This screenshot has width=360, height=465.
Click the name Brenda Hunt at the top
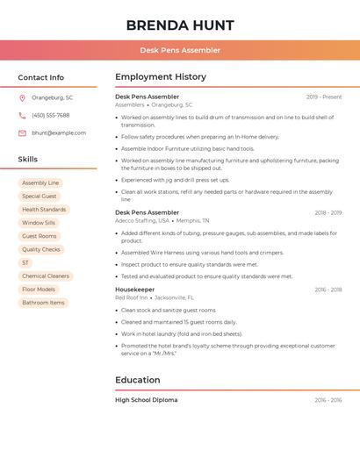click(179, 24)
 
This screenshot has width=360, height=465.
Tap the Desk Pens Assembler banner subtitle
click(179, 50)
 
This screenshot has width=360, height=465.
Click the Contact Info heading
click(40, 77)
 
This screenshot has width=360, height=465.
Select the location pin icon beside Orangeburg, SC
click(22, 97)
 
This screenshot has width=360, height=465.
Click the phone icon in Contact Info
click(22, 115)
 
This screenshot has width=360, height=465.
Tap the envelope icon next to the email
click(22, 132)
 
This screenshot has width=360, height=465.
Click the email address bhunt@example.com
click(59, 132)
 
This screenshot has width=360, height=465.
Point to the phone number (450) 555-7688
click(50, 115)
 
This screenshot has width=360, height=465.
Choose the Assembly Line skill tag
click(40, 183)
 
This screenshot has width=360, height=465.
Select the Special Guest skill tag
click(40, 197)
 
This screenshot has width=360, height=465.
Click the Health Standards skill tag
click(44, 210)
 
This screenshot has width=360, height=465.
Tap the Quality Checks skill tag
click(41, 249)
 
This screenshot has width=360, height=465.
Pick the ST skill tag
click(25, 262)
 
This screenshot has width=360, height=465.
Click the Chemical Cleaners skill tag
click(46, 275)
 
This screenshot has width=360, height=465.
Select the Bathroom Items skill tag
click(43, 303)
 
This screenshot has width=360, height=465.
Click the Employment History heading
click(161, 77)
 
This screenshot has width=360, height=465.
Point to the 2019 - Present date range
click(324, 97)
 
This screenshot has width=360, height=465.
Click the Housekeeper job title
click(134, 289)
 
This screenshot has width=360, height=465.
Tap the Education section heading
click(137, 380)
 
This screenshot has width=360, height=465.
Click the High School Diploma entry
click(146, 400)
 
